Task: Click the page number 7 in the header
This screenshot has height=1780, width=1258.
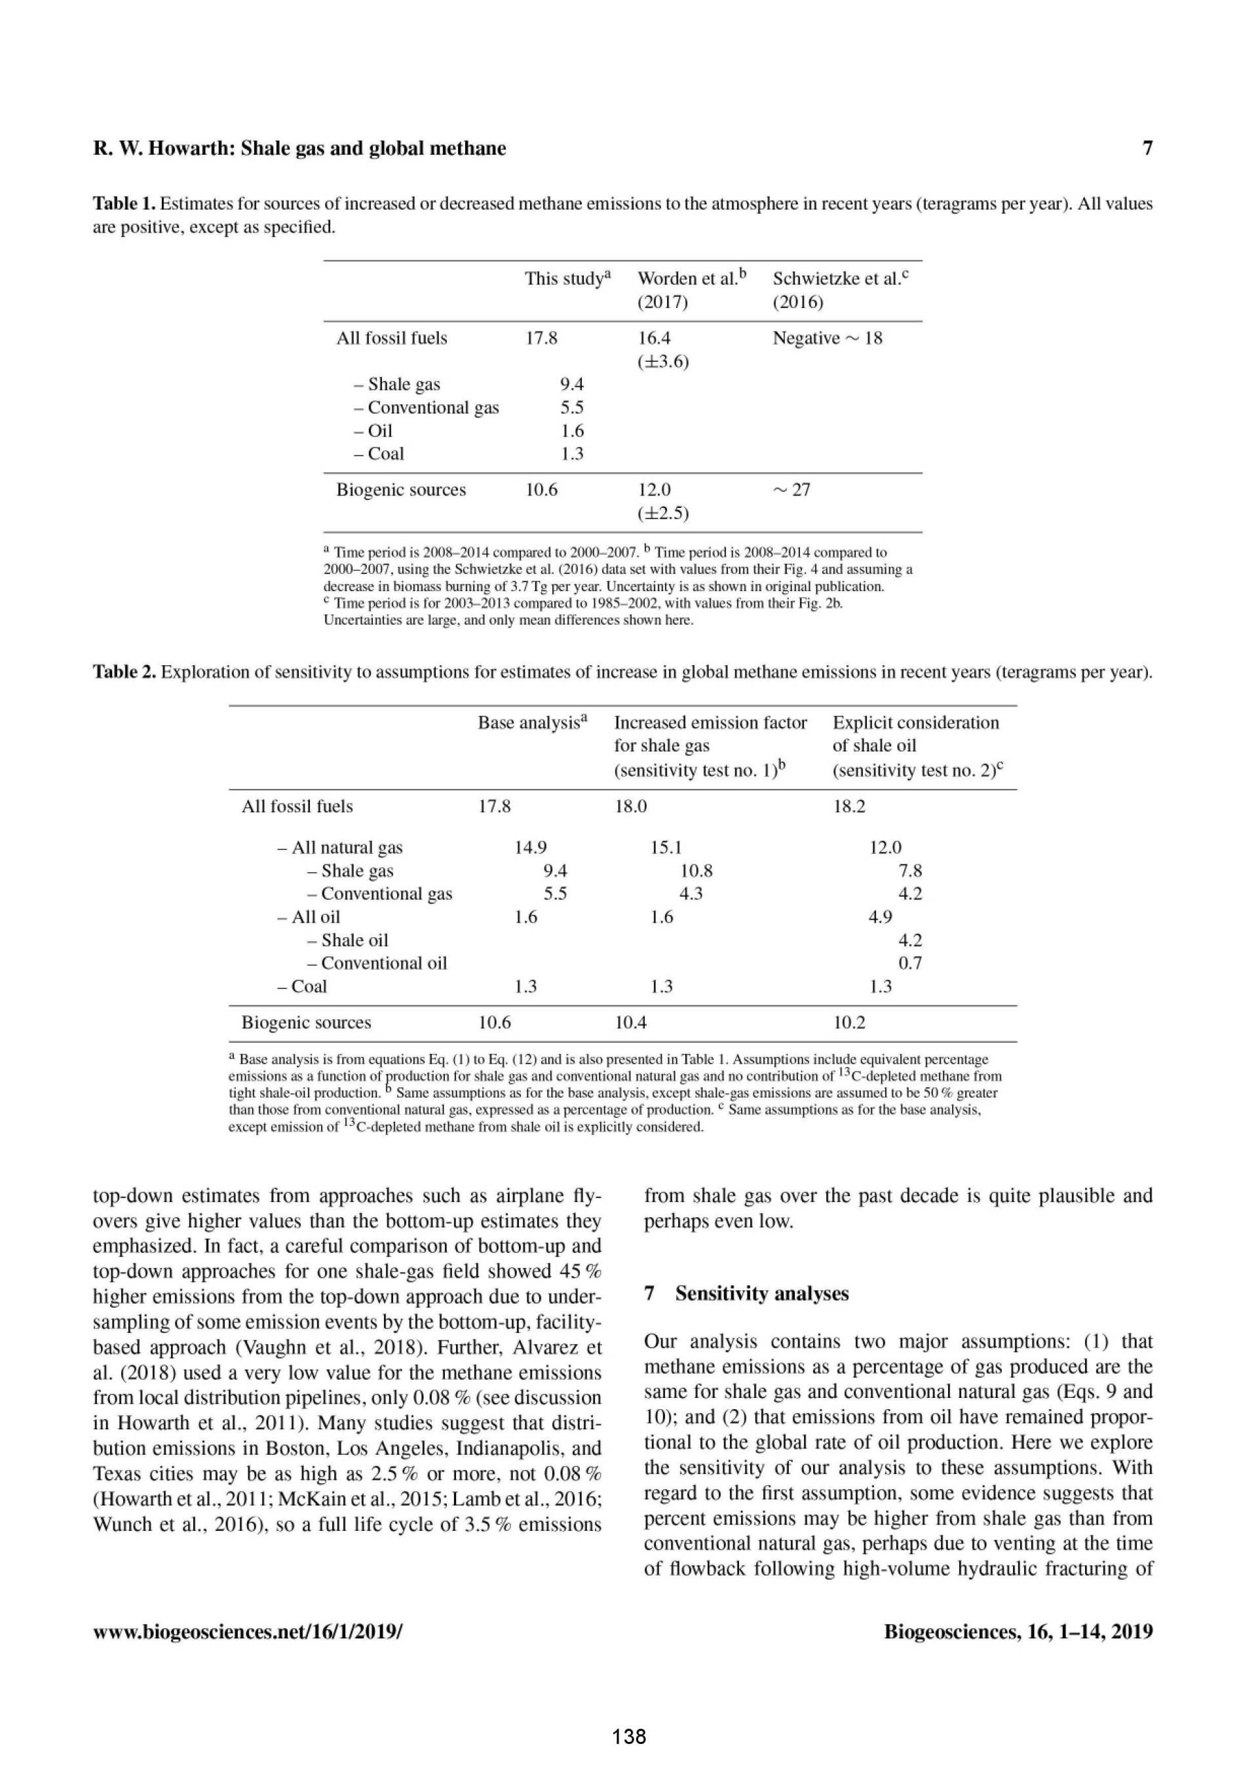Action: [x=1147, y=148]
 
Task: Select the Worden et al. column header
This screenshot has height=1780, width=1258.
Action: [x=691, y=289]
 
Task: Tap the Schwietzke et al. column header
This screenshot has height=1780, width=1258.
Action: [x=840, y=289]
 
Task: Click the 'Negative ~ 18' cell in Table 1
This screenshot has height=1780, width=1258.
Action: [x=827, y=338]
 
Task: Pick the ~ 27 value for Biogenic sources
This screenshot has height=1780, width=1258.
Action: [x=791, y=490]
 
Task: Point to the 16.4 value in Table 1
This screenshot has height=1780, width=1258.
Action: [x=654, y=338]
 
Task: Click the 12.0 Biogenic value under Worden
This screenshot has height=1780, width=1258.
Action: [x=654, y=490]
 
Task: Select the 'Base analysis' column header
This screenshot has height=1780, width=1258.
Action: [x=533, y=722]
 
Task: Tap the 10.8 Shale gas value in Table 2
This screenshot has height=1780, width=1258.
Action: [x=696, y=870]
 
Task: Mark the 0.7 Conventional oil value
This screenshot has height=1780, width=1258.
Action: [x=910, y=963]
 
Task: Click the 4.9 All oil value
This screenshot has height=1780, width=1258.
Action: [x=880, y=917]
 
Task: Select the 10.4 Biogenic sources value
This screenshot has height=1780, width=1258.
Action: [x=630, y=1022]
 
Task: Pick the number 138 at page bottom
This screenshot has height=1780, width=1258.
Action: [x=628, y=1737]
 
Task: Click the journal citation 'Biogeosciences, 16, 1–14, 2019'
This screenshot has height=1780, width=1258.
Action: [x=1018, y=1632]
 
